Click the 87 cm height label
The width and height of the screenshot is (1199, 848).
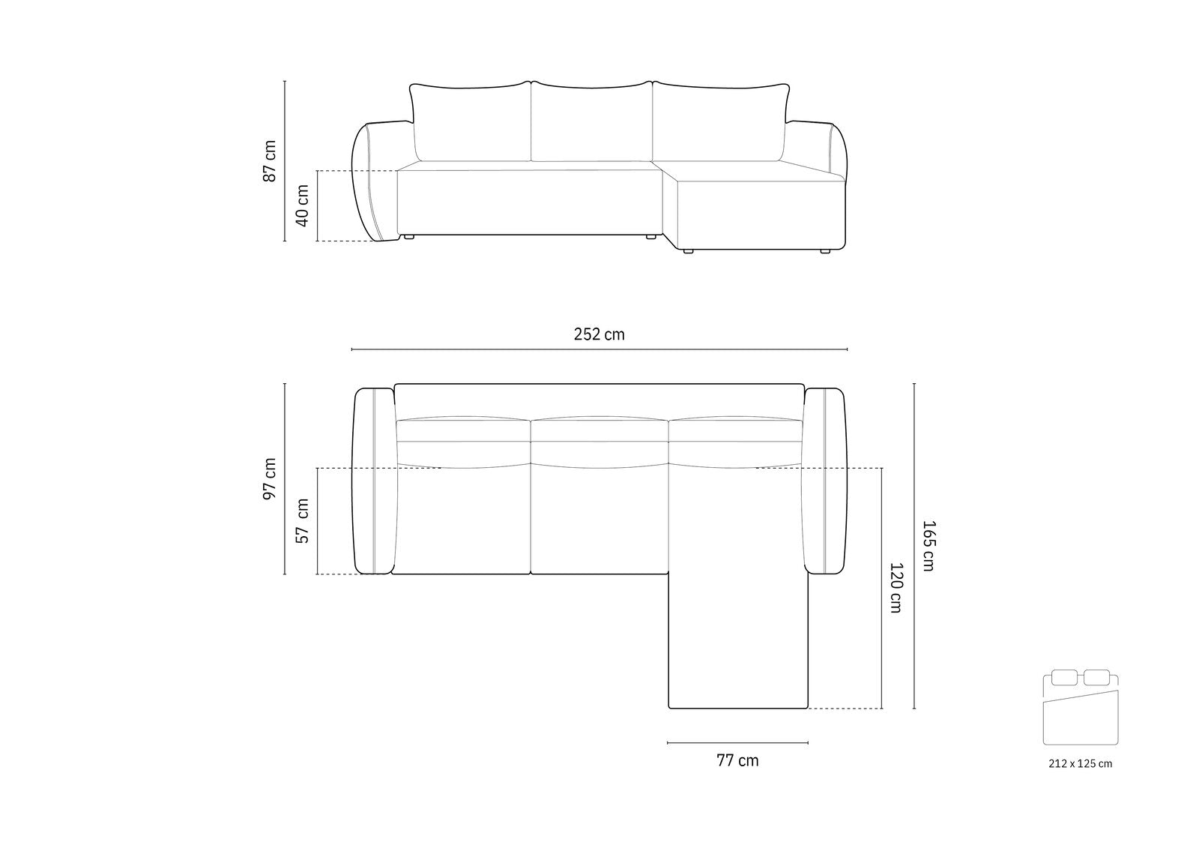click(x=270, y=161)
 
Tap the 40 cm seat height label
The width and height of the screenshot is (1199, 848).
click(x=303, y=205)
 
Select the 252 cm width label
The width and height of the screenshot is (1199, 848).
click(x=599, y=334)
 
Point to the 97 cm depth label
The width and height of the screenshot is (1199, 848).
click(x=270, y=479)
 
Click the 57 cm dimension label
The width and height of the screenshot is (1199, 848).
click(x=303, y=521)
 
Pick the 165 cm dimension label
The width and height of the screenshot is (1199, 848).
click(x=928, y=546)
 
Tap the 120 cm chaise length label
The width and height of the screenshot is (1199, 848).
click(x=896, y=588)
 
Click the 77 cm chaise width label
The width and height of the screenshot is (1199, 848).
click(x=737, y=761)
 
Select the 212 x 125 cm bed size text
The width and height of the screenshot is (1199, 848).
click(x=1080, y=764)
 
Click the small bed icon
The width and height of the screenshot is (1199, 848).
click(x=1080, y=707)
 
